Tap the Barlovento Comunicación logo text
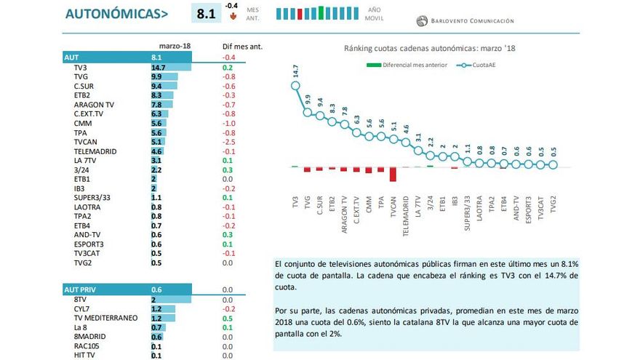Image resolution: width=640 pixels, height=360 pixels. pyautogui.click(x=471, y=21)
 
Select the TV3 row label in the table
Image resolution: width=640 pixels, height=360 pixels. pyautogui.click(x=81, y=67)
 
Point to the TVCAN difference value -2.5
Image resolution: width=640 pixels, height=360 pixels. pyautogui.click(x=228, y=142)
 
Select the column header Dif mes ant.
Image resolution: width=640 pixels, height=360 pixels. pyautogui.click(x=241, y=46)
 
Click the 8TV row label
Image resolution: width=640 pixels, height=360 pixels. pyautogui.click(x=81, y=299)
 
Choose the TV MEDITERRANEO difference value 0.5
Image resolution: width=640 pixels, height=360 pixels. pyautogui.click(x=228, y=318)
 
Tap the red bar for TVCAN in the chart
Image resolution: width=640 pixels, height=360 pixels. pyautogui.click(x=393, y=174)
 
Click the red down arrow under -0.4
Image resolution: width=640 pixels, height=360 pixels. pyautogui.click(x=233, y=15)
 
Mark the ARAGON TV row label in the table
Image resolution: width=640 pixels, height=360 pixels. pyautogui.click(x=93, y=104)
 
